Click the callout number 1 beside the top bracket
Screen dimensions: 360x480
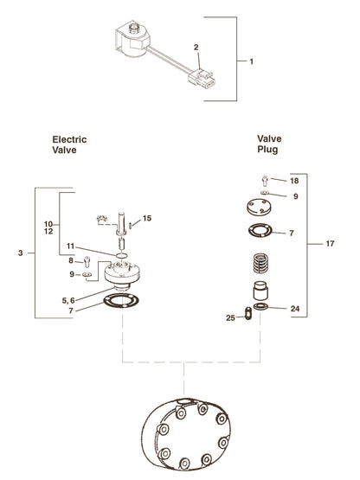pos(252,61)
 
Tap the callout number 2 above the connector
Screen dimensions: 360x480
pos(196,48)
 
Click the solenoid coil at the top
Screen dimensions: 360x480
pos(133,41)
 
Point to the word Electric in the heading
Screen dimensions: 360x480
pos(69,139)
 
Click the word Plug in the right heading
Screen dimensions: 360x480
pos(267,150)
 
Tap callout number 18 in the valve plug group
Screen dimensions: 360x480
pos(294,181)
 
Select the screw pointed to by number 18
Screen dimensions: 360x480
pos(265,180)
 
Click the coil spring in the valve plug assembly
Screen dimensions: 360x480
pos(260,264)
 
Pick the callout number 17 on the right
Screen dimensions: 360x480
pos(330,244)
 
